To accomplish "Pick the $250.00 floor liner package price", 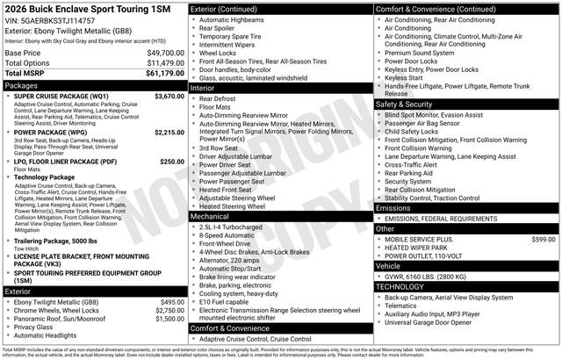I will pos(172,162).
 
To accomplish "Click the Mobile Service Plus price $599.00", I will pos(544,239).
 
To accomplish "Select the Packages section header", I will pos(95,85).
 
